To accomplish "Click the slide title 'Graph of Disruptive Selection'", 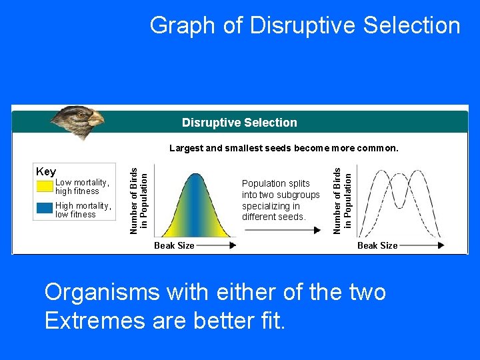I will [305, 25].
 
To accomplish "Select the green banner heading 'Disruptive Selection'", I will [239, 123].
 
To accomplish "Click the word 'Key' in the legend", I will [46, 172].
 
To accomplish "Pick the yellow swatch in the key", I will [45, 186].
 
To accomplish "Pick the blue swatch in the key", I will [45, 208].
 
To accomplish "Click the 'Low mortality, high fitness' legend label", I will [81, 187].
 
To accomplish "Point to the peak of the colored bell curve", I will [195, 175].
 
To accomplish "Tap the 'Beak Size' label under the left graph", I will [174, 245].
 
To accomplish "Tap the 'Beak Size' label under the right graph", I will [377, 245].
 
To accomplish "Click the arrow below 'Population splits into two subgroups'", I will [283, 230].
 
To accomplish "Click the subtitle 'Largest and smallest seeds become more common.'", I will [283, 148].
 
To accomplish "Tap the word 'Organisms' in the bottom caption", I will [103, 292].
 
